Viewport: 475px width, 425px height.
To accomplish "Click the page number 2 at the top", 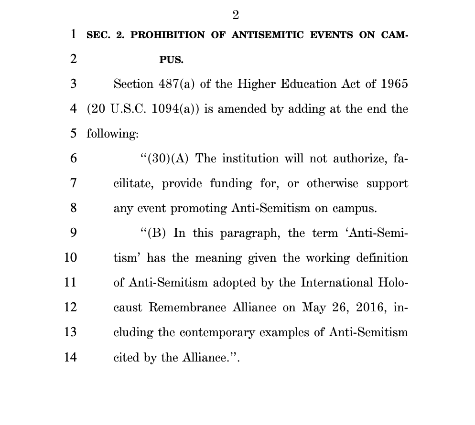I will click(x=236, y=15).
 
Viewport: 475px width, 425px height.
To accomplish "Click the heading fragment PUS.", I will click(x=171, y=60).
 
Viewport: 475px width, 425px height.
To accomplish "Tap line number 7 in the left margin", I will click(x=73, y=183).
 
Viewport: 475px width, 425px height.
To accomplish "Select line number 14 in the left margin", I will click(x=70, y=357).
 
